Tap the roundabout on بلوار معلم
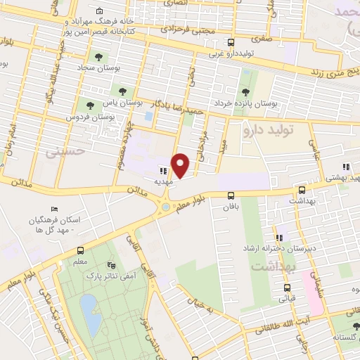click(x=166, y=206)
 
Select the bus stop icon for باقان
click(x=231, y=196)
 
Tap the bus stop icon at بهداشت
click(x=302, y=190)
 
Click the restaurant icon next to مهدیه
click(x=162, y=169)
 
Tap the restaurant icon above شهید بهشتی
click(x=345, y=167)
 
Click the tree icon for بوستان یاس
click(x=124, y=90)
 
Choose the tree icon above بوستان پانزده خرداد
click(x=245, y=91)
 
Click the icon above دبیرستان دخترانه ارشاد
click(x=280, y=238)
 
